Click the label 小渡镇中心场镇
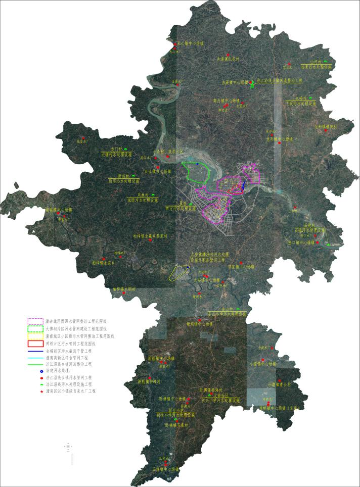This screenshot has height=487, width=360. [x=263, y=364]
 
